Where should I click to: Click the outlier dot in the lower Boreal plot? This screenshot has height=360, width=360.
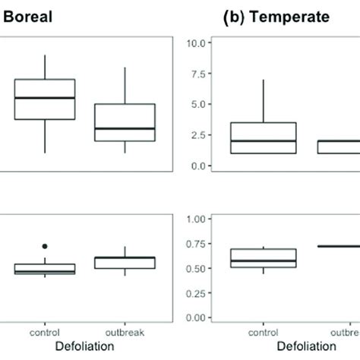point(45,246)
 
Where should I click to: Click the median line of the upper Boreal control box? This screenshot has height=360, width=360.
point(45,97)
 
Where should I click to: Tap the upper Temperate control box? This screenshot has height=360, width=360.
point(263,138)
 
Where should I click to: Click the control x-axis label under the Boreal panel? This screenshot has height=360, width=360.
point(45,333)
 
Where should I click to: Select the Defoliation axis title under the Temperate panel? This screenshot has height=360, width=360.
point(302,347)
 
